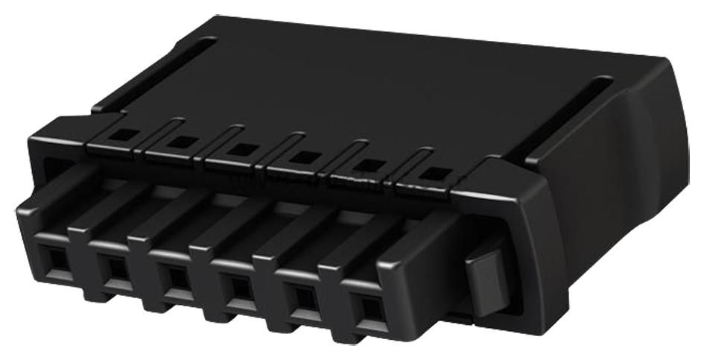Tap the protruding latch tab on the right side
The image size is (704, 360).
[x=483, y=280]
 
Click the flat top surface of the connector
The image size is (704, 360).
[x=372, y=82]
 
